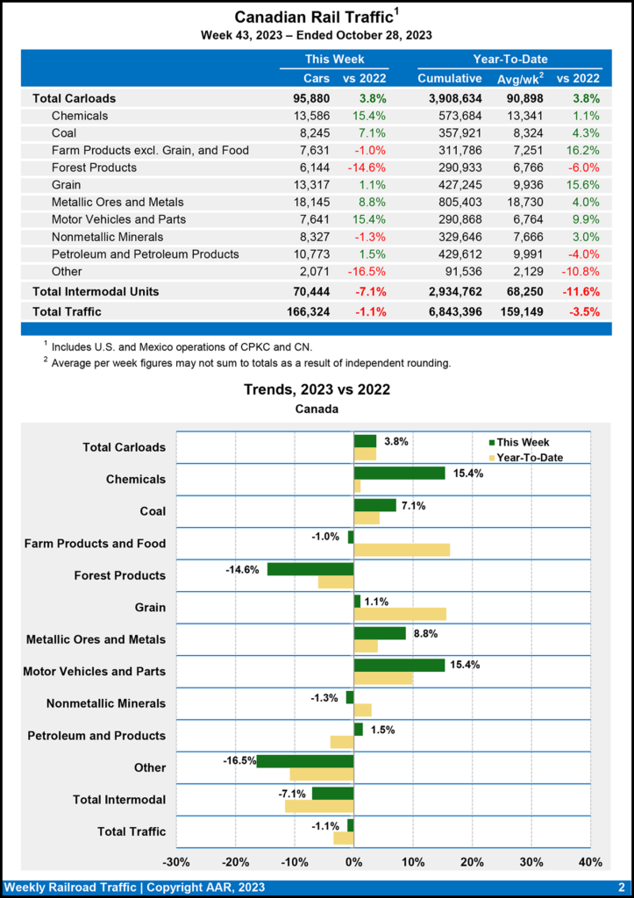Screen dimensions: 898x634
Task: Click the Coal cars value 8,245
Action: click(x=312, y=133)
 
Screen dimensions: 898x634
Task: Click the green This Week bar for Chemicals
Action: click(x=399, y=473)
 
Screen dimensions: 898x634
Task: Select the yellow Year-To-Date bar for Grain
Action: click(x=399, y=614)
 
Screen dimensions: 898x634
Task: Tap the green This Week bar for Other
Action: click(x=305, y=761)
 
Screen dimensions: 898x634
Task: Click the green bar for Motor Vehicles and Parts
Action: click(x=399, y=665)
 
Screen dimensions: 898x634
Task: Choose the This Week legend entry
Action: click(x=524, y=442)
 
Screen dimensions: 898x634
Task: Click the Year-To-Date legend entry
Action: click(x=529, y=457)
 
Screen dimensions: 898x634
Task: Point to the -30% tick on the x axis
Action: click(x=177, y=862)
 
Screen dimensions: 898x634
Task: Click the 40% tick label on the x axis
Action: click(x=590, y=862)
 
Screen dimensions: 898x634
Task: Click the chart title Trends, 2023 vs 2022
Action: click(x=317, y=389)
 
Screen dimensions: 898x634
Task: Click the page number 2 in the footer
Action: click(x=621, y=887)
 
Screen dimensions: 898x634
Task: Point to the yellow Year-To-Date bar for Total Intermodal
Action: click(x=319, y=806)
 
